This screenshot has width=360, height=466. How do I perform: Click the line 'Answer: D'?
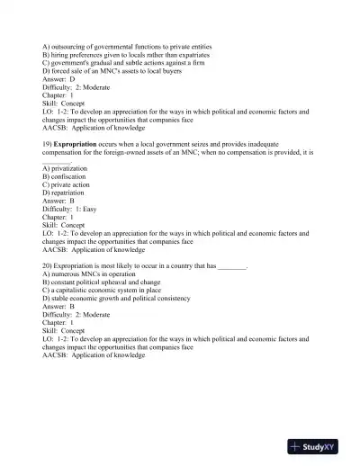click(59, 79)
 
